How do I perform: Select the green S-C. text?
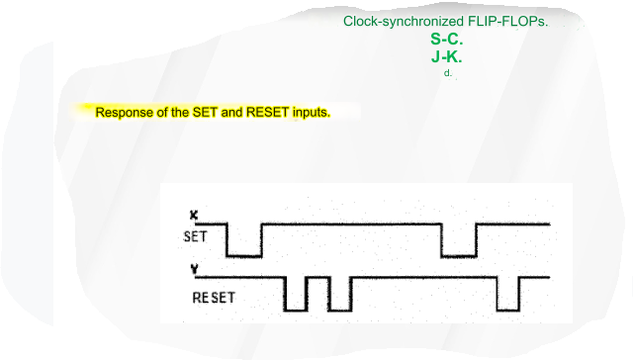(447, 40)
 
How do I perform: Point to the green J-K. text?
(447, 56)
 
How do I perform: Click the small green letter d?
(448, 72)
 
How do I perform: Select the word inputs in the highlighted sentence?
(311, 112)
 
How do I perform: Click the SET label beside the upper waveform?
(196, 236)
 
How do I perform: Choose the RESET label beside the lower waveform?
(214, 296)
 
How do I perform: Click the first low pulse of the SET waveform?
(244, 255)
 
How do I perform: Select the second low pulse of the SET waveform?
(459, 255)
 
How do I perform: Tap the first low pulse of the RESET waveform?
(295, 309)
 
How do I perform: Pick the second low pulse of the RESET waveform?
(339, 309)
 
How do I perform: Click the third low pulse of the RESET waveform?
(508, 309)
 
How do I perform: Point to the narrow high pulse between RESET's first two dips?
(317, 280)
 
